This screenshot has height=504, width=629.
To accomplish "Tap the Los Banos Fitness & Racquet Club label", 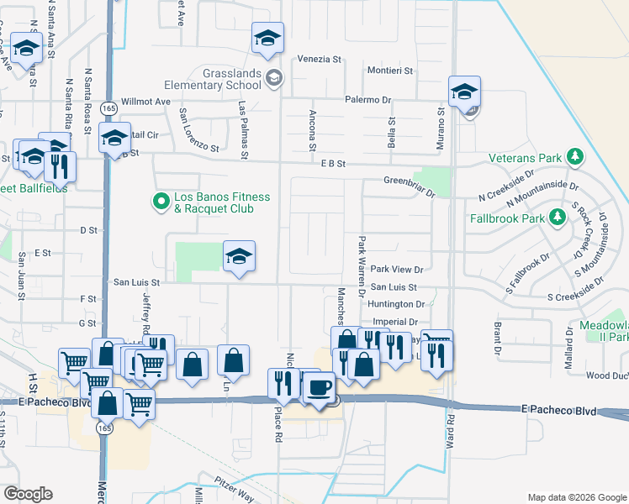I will [222, 202].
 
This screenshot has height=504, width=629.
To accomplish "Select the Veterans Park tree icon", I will [575, 157].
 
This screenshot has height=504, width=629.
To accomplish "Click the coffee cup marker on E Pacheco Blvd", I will [319, 387].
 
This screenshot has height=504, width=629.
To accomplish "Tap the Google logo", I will [28, 494].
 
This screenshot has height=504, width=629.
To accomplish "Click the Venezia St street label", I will [320, 60].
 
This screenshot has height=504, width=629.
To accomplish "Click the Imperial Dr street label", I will [394, 322].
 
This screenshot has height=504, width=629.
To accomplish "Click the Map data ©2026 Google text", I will [576, 497].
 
